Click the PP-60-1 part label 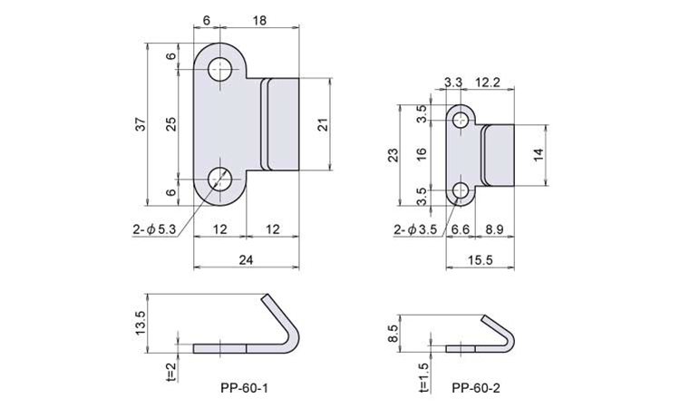click(244, 388)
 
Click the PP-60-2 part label click(476, 388)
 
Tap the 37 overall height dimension click(143, 124)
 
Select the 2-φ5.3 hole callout click(154, 229)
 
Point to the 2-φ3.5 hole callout click(415, 229)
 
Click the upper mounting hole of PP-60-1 click(220, 70)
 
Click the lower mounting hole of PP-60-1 click(220, 179)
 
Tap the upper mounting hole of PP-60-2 click(461, 120)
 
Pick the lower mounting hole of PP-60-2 click(461, 190)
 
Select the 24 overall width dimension click(246, 259)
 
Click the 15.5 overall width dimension click(480, 259)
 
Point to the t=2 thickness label click(171, 372)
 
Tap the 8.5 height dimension click(393, 334)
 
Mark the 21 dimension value click(323, 124)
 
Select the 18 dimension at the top click(259, 20)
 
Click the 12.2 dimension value click(488, 83)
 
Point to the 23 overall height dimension click(393, 155)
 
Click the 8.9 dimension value click(494, 229)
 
